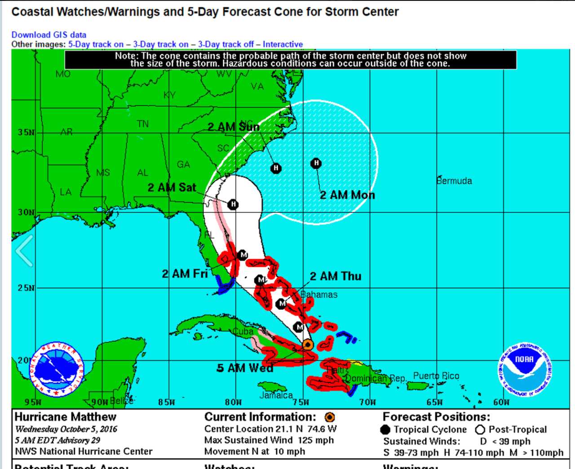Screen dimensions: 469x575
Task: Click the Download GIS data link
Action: click(x=49, y=35)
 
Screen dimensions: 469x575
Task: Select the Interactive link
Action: click(x=283, y=44)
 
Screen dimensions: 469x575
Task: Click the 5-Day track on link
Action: click(x=96, y=44)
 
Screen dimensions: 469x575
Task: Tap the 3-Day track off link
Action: click(x=226, y=44)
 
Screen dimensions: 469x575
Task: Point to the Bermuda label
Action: click(x=454, y=181)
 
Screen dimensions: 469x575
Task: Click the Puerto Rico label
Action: click(x=436, y=376)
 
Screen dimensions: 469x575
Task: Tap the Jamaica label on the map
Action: click(x=276, y=395)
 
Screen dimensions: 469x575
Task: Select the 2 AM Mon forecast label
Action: click(x=347, y=195)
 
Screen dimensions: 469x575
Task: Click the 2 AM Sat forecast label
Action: click(x=172, y=187)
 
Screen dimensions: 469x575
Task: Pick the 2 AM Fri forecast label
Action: click(x=185, y=274)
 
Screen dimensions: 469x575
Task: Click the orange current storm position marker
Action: click(x=308, y=345)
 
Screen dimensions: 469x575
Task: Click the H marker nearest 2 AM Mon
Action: click(x=316, y=163)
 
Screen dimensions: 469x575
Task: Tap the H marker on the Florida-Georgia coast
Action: click(x=233, y=204)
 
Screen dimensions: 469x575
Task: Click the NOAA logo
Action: click(x=525, y=370)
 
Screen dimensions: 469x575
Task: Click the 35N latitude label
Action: click(x=26, y=133)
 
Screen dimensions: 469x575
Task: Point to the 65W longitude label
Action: click(x=434, y=402)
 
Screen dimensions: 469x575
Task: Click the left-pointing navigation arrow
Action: click(x=24, y=251)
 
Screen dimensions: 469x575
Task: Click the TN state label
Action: click(x=143, y=124)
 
